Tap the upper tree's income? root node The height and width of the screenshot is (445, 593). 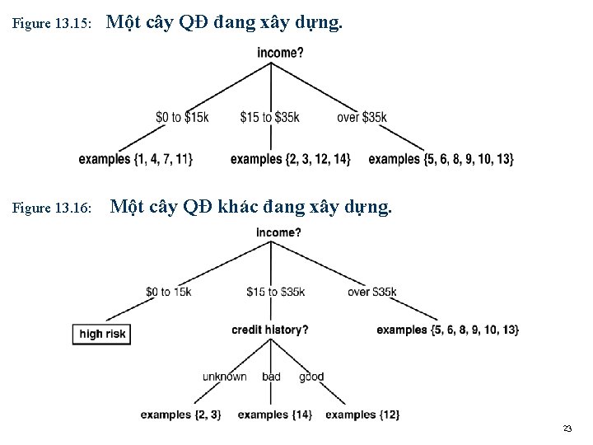tap(280, 53)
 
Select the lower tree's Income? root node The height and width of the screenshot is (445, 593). tap(278, 232)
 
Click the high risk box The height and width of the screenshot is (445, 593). tap(102, 334)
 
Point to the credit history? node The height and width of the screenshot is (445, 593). tap(270, 330)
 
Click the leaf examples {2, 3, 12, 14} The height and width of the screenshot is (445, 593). tap(291, 159)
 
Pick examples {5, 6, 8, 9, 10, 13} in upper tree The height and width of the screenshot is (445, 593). tap(441, 159)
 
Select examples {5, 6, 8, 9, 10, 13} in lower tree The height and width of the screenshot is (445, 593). tap(448, 330)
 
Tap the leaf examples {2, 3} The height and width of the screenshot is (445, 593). tap(180, 415)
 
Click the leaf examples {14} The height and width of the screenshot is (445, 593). tap(275, 415)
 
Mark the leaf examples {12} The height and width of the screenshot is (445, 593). tap(362, 415)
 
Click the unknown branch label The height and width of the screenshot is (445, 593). tap(225, 377)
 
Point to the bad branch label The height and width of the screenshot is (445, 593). tap(271, 377)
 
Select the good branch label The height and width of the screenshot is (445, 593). tap(311, 377)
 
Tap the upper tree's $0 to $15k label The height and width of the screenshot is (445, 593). tap(182, 117)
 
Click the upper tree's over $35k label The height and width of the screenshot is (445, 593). tap(362, 117)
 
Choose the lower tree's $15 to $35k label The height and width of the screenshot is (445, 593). tap(275, 292)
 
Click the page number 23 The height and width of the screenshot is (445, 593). tap(567, 429)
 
